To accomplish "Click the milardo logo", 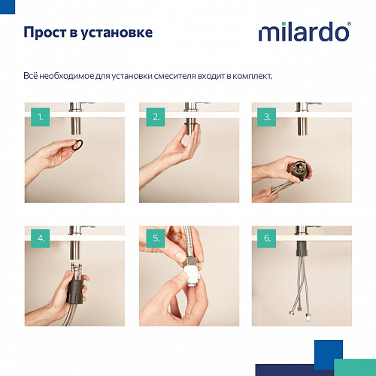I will pyautogui.click(x=304, y=32).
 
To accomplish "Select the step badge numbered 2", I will pyautogui.click(x=156, y=117).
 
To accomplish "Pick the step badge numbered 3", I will pyautogui.click(x=266, y=117).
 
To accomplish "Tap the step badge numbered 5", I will pyautogui.click(x=156, y=239).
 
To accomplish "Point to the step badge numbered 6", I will pyautogui.click(x=266, y=239).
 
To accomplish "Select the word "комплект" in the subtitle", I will pyautogui.click(x=251, y=76).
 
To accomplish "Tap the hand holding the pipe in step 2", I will pyautogui.click(x=177, y=147).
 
